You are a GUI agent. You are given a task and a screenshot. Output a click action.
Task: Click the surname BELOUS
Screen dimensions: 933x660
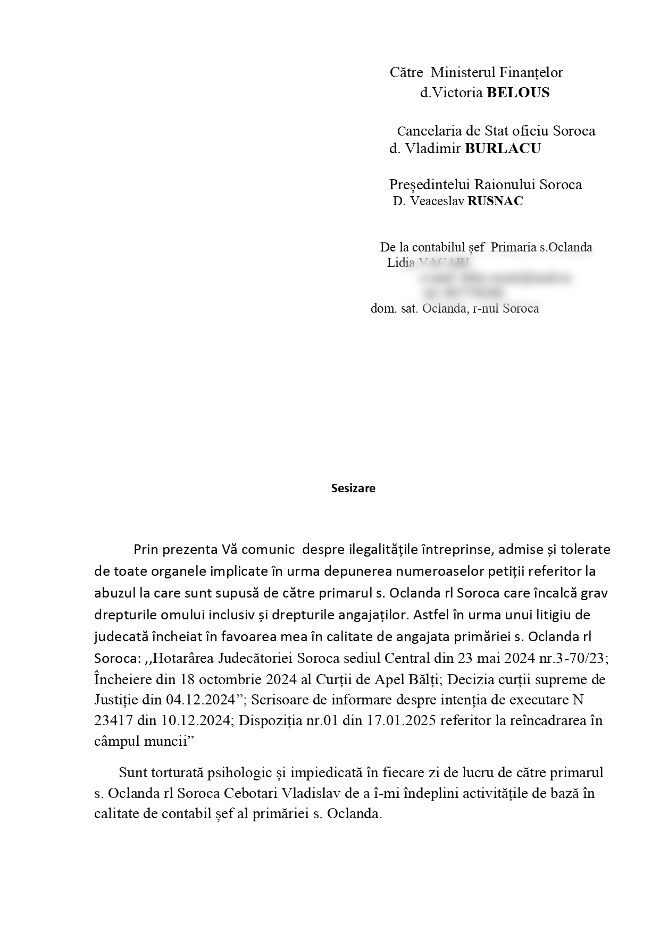pyautogui.click(x=518, y=93)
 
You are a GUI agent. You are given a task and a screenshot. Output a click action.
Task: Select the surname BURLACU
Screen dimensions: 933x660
pyautogui.click(x=503, y=149)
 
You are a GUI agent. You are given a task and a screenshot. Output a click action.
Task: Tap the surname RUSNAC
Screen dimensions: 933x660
pyautogui.click(x=495, y=201)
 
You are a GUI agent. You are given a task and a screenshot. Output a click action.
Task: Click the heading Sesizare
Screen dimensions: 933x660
pyautogui.click(x=353, y=489)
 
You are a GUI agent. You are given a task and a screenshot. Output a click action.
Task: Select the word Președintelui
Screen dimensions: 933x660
pyautogui.click(x=429, y=184)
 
